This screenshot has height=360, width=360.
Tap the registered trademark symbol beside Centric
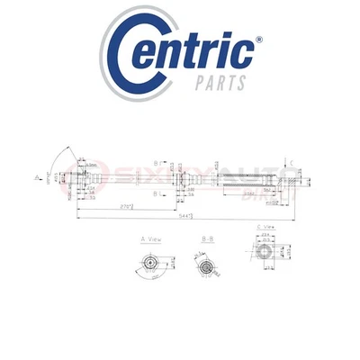[261, 41]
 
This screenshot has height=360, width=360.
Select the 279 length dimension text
[129, 207]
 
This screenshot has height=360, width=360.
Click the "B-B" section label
[205, 241]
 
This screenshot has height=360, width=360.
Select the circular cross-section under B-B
[207, 267]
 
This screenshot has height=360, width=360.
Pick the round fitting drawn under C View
[266, 266]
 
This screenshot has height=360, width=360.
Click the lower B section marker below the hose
[157, 193]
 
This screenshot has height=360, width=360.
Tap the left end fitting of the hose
[84, 178]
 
